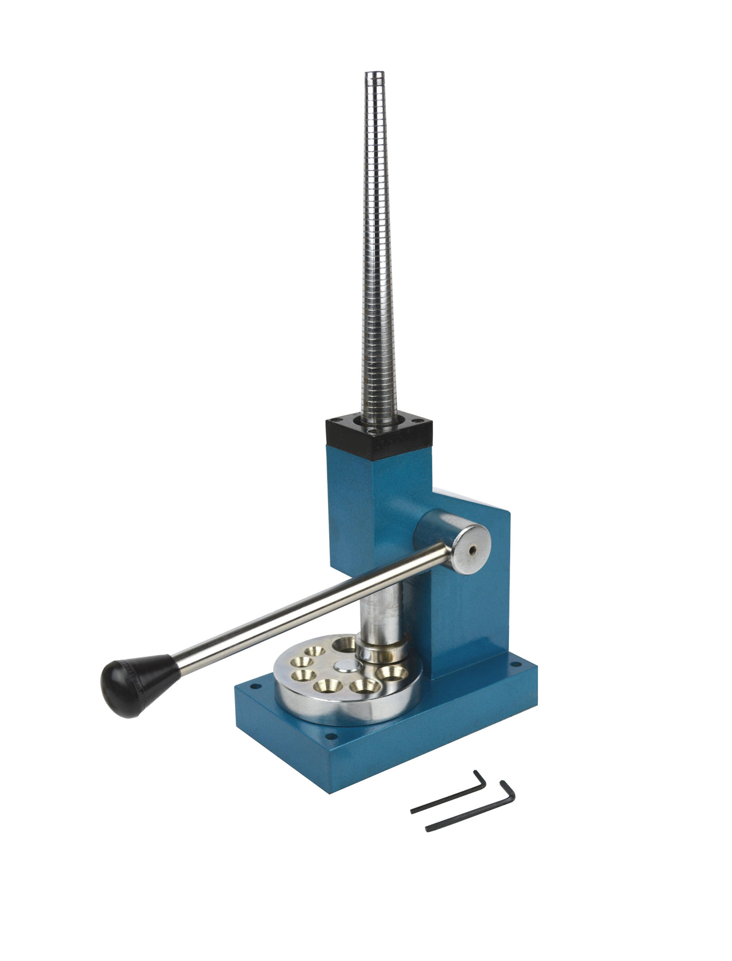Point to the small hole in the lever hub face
(x=472, y=549)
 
